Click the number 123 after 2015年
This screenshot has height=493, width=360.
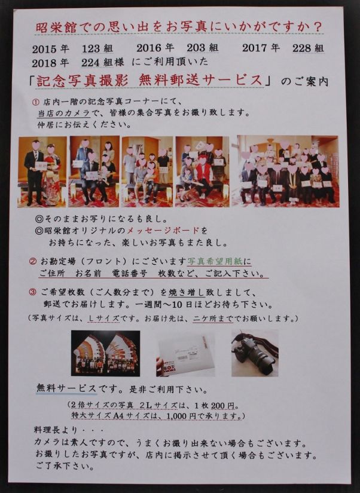[x=91, y=49]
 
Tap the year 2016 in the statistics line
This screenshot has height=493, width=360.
[x=149, y=48]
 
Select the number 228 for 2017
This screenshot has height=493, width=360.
[x=302, y=48]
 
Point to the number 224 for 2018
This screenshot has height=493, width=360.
[x=91, y=63]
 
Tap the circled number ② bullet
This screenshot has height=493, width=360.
[x=33, y=261]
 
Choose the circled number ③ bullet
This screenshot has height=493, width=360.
[x=33, y=292]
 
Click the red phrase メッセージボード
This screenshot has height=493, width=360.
[x=163, y=231]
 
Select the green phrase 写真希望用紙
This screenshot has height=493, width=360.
[x=217, y=261]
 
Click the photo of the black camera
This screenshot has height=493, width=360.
[x=255, y=353]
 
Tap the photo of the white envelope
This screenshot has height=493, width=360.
[x=185, y=354]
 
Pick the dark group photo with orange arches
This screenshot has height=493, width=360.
[x=105, y=353]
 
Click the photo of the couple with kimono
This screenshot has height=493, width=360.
[x=42, y=172]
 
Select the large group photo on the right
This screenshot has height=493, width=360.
[x=286, y=171]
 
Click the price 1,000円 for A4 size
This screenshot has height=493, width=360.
[x=181, y=416]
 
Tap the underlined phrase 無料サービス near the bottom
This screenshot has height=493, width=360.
[x=66, y=388]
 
